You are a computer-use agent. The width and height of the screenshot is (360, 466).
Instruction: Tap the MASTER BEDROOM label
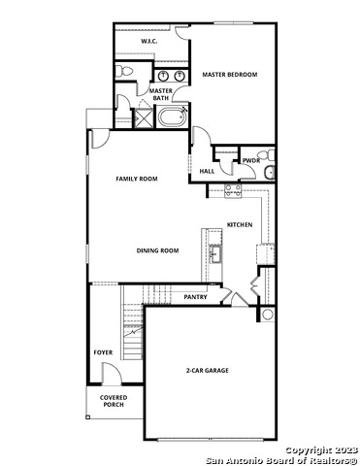pos(229,74)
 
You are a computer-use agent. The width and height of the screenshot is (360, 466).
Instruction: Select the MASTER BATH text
pos(161,94)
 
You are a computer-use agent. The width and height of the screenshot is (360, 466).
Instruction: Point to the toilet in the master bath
pos(124,74)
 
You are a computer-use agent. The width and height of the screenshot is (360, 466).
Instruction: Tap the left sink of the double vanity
pos(163,75)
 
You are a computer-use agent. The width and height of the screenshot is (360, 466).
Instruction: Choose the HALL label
pos(207,172)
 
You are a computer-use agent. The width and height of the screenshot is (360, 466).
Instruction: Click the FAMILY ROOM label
pos(137,179)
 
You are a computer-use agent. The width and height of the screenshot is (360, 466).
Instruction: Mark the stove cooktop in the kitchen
pos(233,190)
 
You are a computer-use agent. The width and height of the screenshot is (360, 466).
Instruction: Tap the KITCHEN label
pos(240,225)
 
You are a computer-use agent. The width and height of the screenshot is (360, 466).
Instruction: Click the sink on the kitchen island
pos(215,253)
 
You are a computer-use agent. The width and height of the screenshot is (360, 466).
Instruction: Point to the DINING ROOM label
pos(157,250)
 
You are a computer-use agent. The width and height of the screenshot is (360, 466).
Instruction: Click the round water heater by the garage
pos(267,315)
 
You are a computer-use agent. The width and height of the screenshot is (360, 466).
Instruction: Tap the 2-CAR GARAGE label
pos(208,371)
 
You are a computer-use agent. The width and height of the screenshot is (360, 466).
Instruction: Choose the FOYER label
pos(103,351)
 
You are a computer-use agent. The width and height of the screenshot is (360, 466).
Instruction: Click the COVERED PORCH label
pos(114,400)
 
